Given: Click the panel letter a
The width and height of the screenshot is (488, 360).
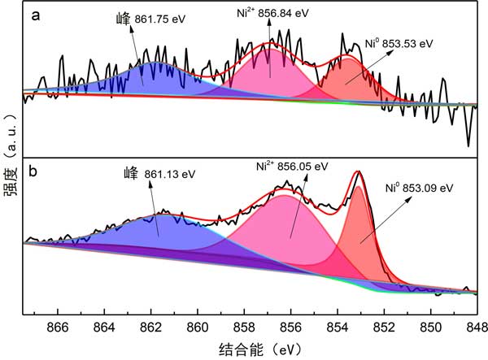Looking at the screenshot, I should click(36, 15).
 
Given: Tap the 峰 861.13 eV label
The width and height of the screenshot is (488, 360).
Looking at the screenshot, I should click(159, 173).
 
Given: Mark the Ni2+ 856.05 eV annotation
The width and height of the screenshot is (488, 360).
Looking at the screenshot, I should click(292, 166).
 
